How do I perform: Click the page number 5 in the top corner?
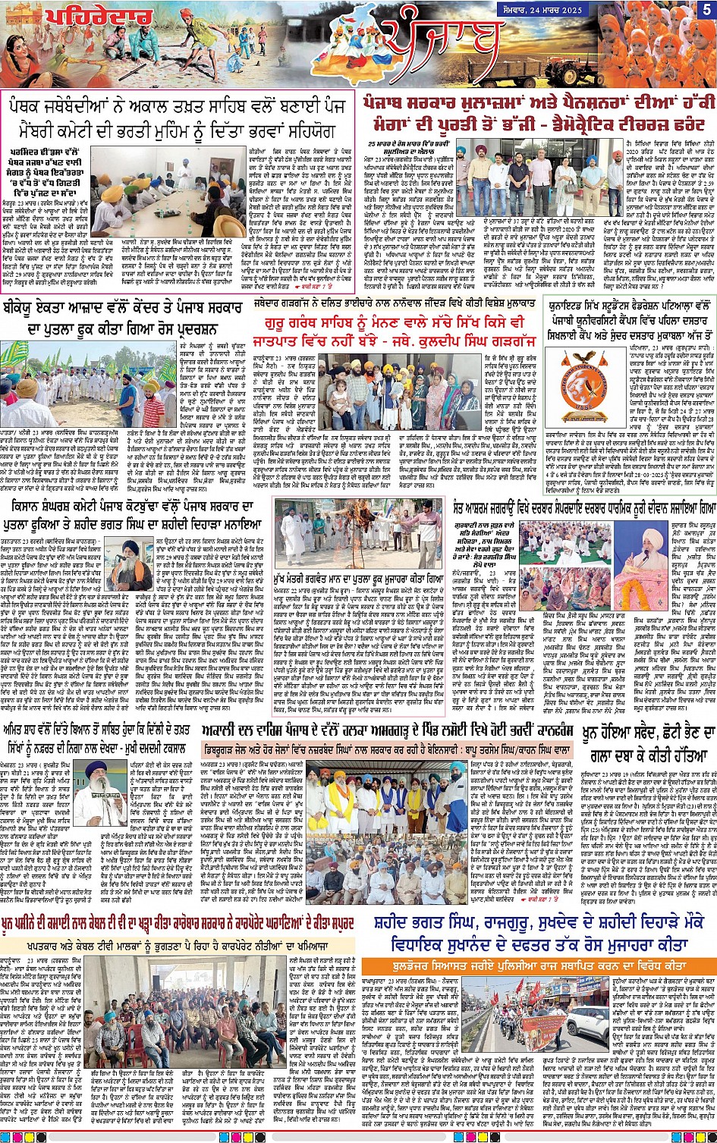click(x=706, y=10)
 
